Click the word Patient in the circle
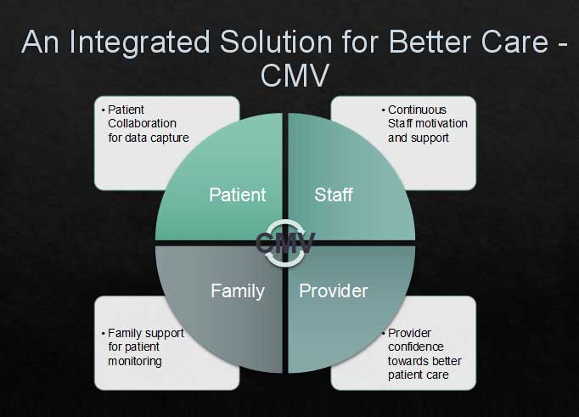237,194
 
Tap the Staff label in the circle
334,194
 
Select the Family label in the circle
238,291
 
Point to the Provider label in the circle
334,291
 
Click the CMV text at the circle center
285,243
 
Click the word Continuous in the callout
417,110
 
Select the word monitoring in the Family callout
134,361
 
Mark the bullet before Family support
102,334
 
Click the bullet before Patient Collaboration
102,110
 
